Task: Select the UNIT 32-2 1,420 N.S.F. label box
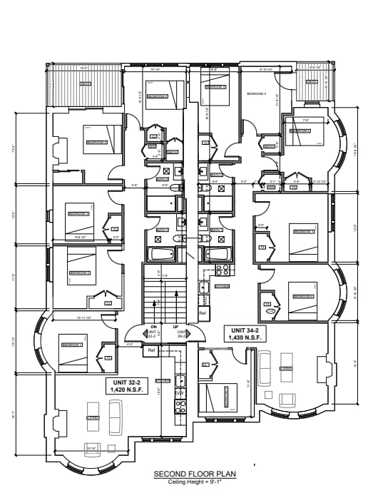pos(126,387)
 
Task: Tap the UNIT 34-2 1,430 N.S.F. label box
pos(244,333)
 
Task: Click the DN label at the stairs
pos(153,327)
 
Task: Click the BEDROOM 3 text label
pos(256,94)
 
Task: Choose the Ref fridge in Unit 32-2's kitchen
pos(151,351)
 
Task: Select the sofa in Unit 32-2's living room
pos(115,410)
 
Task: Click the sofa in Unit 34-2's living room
pos(264,365)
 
